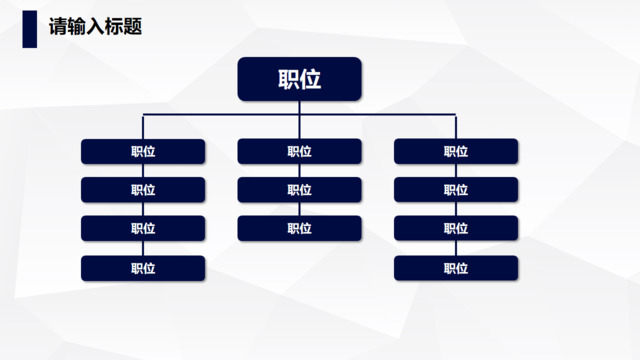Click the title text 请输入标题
coord(95,27)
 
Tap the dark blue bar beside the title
coord(30,28)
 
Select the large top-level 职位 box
coord(299,80)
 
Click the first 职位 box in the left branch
coord(143,152)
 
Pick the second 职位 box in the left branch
coord(143,190)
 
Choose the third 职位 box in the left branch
coord(143,229)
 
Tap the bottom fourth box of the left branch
coord(143,268)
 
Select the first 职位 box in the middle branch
coord(299,152)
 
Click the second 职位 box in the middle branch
coord(299,190)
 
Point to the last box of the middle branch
coord(299,229)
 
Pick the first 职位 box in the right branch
coord(456,152)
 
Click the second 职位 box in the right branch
coord(456,190)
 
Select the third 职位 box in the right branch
coord(456,229)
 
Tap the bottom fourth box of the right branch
coord(456,268)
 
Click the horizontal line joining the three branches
coord(220,116)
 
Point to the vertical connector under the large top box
coord(299,108)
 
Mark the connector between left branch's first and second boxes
coord(143,171)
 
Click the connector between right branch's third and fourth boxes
coord(456,248)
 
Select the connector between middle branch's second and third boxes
coord(299,210)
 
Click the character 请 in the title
coord(58,27)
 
